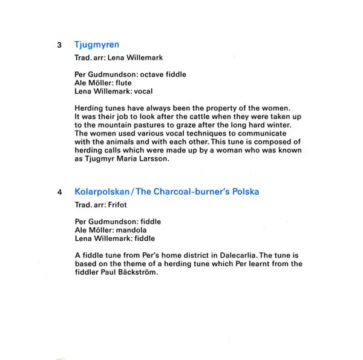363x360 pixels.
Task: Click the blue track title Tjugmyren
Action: [x=96, y=45]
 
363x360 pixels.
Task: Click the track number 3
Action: [x=58, y=45]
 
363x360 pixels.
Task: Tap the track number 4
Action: [x=58, y=192]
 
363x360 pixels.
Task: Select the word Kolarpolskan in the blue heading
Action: [x=102, y=192]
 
